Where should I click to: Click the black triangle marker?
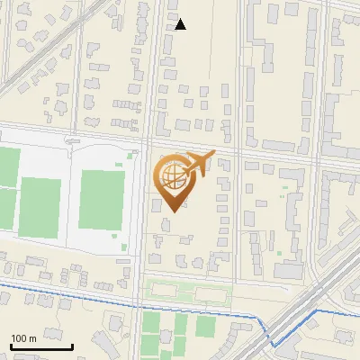pyautogui.click(x=181, y=24)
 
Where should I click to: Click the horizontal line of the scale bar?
pyautogui.click(x=41, y=346)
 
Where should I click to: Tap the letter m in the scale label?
pyautogui.click(x=32, y=338)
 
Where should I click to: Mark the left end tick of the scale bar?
pyautogui.click(x=11, y=346)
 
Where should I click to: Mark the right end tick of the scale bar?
pyautogui.click(x=72, y=346)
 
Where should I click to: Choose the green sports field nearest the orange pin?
pyautogui.click(x=101, y=199)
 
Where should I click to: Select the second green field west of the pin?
pyautogui.click(x=40, y=204)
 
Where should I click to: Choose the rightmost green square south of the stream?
pyautogui.click(x=206, y=326)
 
